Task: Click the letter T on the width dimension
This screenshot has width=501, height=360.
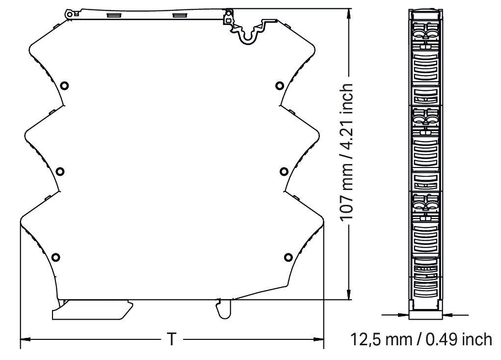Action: point(172,339)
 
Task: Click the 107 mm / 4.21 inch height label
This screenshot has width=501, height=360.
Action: point(347,152)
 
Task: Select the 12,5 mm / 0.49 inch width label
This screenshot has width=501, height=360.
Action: point(421,339)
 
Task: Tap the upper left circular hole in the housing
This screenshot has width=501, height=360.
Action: point(65,85)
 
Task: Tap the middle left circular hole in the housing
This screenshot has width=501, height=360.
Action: point(60,172)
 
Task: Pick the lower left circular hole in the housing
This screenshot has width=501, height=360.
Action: point(56,257)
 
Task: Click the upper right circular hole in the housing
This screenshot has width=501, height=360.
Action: point(280,85)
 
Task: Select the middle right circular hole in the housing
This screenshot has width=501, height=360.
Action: point(284,172)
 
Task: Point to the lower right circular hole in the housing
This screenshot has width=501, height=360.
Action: point(288,257)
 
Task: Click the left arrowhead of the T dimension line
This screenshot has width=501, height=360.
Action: point(26,339)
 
